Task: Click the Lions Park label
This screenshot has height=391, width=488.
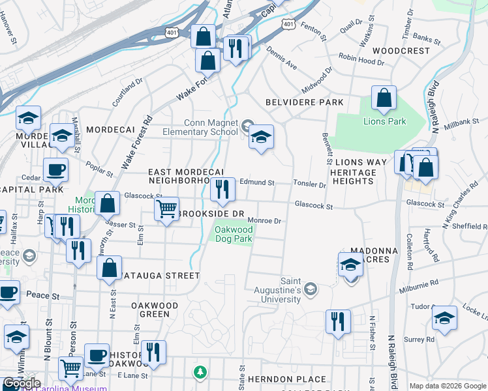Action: [385, 121]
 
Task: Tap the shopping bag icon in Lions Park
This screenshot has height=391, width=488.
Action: [384, 98]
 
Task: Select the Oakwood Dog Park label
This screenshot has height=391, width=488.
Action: [234, 234]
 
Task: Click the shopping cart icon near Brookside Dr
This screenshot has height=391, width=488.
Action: [167, 209]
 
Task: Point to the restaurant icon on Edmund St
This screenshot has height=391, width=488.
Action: [223, 189]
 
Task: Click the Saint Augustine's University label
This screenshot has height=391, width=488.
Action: [291, 290]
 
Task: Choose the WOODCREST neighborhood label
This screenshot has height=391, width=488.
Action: [401, 50]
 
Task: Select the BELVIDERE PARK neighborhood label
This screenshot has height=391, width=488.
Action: [305, 103]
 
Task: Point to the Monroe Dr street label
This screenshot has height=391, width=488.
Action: [264, 221]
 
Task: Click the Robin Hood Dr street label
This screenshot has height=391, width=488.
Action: [361, 60]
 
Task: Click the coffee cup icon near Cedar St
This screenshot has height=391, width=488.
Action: [55, 169]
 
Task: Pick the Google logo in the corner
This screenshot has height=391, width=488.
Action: [22, 383]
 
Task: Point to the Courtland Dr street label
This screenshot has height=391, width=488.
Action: [127, 93]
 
